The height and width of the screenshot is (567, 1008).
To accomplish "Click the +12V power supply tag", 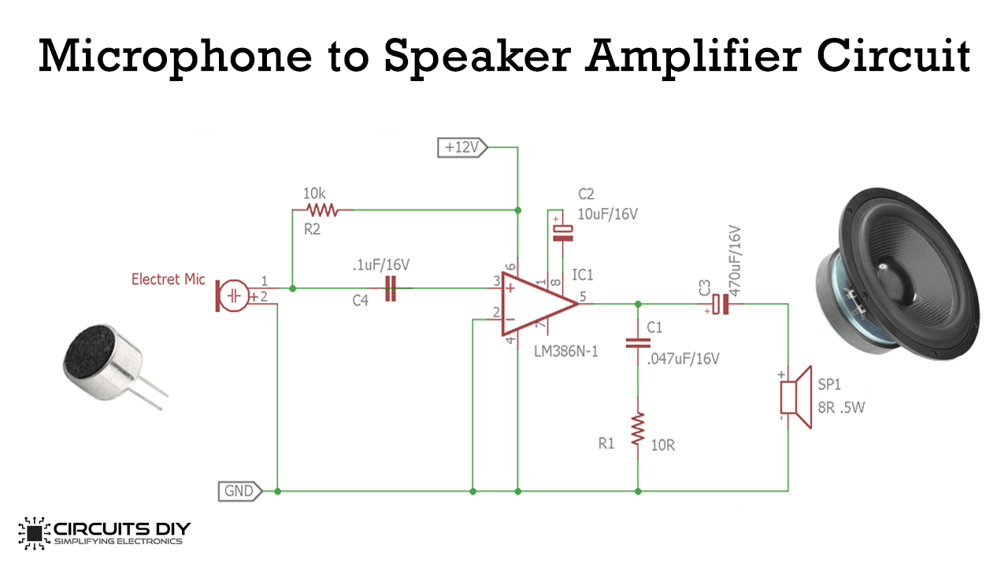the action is coord(462,147).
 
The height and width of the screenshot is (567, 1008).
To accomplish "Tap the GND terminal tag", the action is coord(240,491).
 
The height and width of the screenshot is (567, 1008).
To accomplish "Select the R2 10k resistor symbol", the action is coord(322,209).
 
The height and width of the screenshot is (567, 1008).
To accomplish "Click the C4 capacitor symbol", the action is coord(391,288).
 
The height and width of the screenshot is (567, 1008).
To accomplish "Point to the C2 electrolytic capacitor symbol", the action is coord(562,233).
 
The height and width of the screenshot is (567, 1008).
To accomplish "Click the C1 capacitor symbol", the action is coord(638,343).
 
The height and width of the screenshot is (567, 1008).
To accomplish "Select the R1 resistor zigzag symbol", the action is coord(638,429).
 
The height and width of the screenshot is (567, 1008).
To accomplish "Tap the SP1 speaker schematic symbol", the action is coord(796,397).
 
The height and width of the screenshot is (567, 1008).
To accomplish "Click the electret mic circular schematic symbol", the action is coord(234,295).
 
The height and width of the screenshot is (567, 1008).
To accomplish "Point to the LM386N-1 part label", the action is coord(566,351).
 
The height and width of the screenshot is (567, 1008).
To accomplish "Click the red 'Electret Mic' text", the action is coord(169,280).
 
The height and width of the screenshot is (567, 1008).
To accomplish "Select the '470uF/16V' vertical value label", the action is coord(734,261).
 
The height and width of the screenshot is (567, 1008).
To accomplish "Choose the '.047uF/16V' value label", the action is coord(683,358).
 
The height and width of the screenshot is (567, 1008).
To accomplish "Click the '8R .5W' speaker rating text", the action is coord(841,408).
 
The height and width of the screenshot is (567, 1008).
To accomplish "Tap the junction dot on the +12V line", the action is coord(518,210).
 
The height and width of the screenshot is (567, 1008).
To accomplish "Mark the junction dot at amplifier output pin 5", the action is coord(638,305).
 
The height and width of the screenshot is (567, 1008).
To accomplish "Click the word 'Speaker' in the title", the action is coord(477,57).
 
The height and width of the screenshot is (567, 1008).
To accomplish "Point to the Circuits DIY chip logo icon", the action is coord(34,533).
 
